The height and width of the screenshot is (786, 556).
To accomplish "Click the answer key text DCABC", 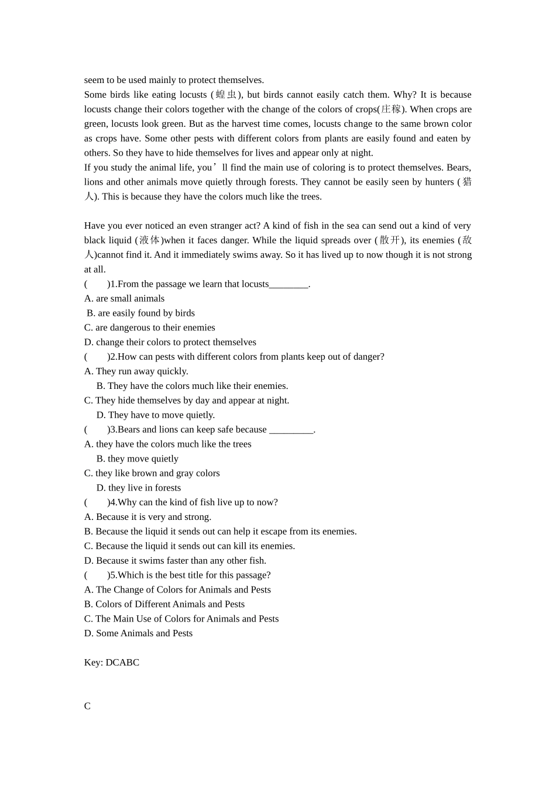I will pos(122,663).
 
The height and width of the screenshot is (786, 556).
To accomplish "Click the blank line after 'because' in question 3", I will pos(291,430).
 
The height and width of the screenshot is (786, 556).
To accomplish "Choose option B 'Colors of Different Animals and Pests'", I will pos(164,604).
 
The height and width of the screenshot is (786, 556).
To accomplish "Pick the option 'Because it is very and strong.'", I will pos(147,517).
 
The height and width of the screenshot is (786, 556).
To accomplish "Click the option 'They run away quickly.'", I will pos(136,371).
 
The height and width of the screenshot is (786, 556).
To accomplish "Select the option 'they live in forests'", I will pos(139,488).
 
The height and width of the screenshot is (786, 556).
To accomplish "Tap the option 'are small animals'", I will pos(124,298).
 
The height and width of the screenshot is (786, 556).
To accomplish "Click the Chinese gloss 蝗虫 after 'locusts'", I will pos(226,95).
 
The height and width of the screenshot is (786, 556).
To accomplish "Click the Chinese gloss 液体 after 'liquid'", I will pos(149,240).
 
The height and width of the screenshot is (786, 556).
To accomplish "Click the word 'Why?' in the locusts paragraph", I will pos(405,95).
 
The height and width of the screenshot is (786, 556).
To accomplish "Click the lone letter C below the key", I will pos(87,706).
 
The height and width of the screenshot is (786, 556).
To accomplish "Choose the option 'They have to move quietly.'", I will pos(156,415).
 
